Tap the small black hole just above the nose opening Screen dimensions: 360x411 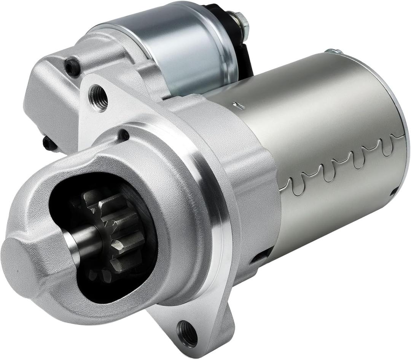(123, 135)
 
